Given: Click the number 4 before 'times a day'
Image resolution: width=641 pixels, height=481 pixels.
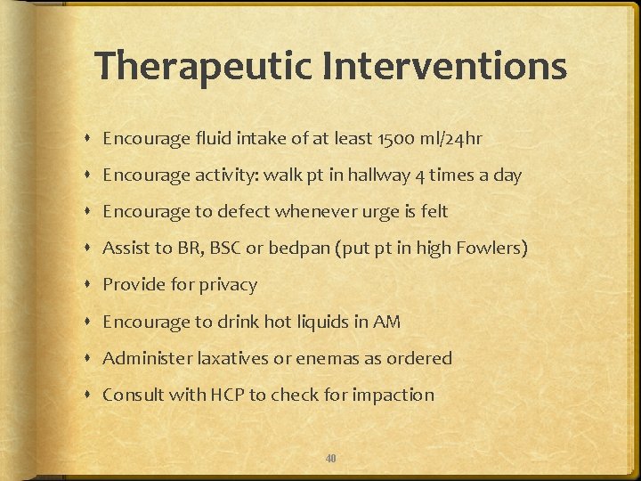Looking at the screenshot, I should [419, 175].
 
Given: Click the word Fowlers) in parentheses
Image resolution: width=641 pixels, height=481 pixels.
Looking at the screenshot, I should [493, 249].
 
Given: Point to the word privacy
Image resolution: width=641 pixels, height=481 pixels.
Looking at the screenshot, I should [226, 285].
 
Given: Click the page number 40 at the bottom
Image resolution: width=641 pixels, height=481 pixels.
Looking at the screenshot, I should [330, 458].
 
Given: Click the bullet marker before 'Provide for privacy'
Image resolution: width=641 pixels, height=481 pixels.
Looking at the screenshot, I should [90, 285].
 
